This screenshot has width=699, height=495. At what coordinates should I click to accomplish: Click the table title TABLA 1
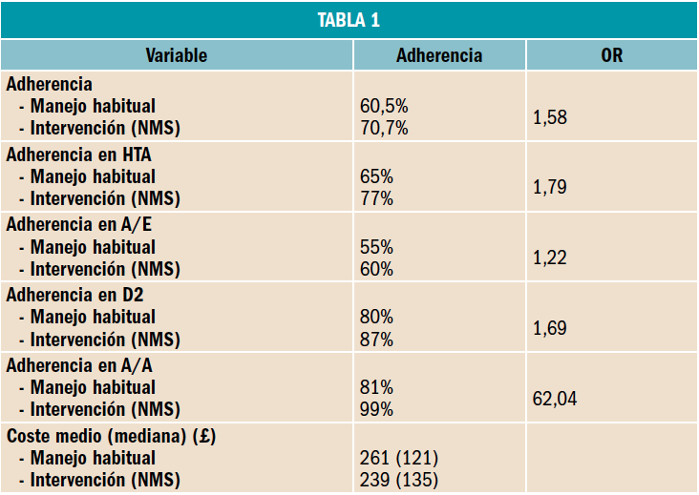coord(349,21)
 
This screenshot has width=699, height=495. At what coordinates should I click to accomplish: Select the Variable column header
coord(177,55)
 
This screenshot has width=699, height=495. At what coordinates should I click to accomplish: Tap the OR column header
coord(612,55)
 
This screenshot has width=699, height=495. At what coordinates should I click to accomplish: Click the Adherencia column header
coord(439,55)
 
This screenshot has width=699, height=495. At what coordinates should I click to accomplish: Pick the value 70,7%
coord(384,128)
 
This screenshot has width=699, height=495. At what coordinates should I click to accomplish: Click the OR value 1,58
coord(549,117)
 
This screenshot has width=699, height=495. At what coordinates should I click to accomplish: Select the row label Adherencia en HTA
coord(79,154)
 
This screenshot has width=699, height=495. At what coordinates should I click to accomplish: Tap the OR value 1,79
coord(549,188)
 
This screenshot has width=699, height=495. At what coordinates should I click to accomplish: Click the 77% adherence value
coord(376,198)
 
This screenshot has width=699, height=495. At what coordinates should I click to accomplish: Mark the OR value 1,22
coord(549,258)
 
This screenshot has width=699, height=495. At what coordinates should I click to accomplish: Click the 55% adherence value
coord(376,247)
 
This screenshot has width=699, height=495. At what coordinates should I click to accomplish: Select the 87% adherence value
coord(376,340)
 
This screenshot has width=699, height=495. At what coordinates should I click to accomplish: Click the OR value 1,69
coord(549,328)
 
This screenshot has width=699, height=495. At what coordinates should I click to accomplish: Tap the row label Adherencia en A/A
coord(77,364)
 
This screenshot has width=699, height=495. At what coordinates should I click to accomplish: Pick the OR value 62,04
coord(554,399)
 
